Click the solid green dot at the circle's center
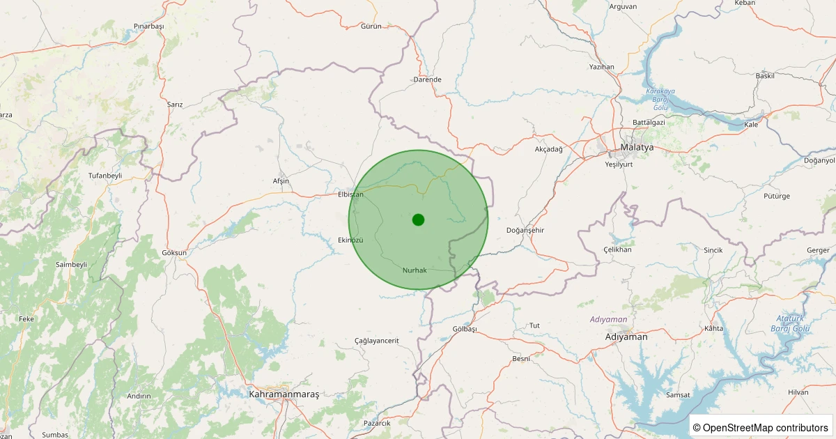pyautogui.click(x=418, y=219)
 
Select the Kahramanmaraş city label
pyautogui.click(x=284, y=394)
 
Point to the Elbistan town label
pyautogui.click(x=350, y=194)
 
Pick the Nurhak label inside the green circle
pyautogui.click(x=415, y=270)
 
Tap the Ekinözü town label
pyautogui.click(x=350, y=240)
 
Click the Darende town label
pyautogui.click(x=428, y=79)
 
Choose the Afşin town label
pyautogui.click(x=281, y=181)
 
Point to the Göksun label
pyautogui.click(x=174, y=252)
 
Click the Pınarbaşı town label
pyautogui.click(x=148, y=26)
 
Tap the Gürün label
pyautogui.click(x=371, y=26)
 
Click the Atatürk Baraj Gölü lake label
pyautogui.click(x=791, y=323)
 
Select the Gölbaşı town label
pyautogui.click(x=465, y=329)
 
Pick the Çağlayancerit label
pyautogui.click(x=377, y=341)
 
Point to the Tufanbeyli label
pyautogui.click(x=105, y=176)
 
